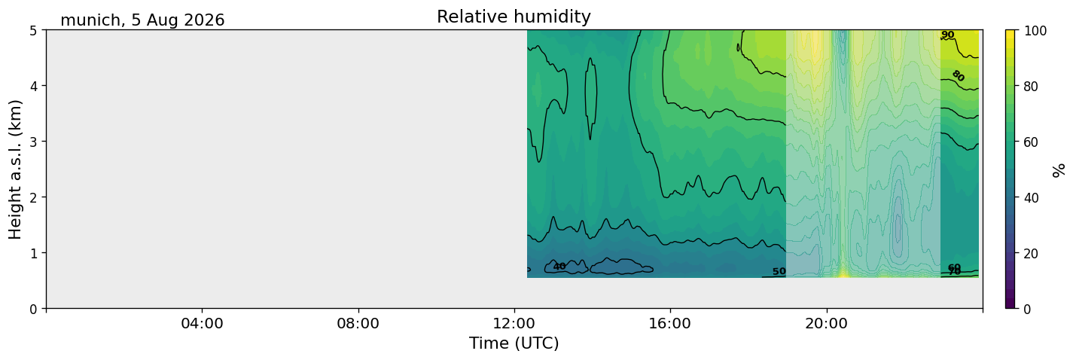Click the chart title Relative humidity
pos(514,17)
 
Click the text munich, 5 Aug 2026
pos(142,20)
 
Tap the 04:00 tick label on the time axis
pos(202,323)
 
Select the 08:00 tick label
pos(358,323)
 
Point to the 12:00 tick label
pos(514,323)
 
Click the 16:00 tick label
pos(670,323)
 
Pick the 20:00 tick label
pos(826,323)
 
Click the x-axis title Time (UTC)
pos(514,343)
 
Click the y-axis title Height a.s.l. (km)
pos(15,169)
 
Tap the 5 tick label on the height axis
pos(34,31)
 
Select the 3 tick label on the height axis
pos(34,142)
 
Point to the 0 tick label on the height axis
pos(34,309)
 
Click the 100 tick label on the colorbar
pos(1035,31)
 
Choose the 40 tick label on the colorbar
pos(1031,198)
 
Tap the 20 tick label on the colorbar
pos(1031,254)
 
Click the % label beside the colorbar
pos(1058,170)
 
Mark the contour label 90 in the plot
pos(948,35)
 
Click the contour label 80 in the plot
pos(959,75)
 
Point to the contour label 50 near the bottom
pos(779,272)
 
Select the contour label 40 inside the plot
pos(559,267)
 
